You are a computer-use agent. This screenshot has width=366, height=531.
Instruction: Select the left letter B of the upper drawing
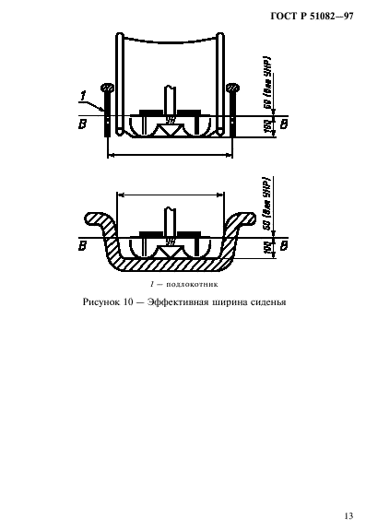tap(84, 123)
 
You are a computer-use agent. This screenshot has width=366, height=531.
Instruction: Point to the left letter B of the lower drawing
tap(84, 245)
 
